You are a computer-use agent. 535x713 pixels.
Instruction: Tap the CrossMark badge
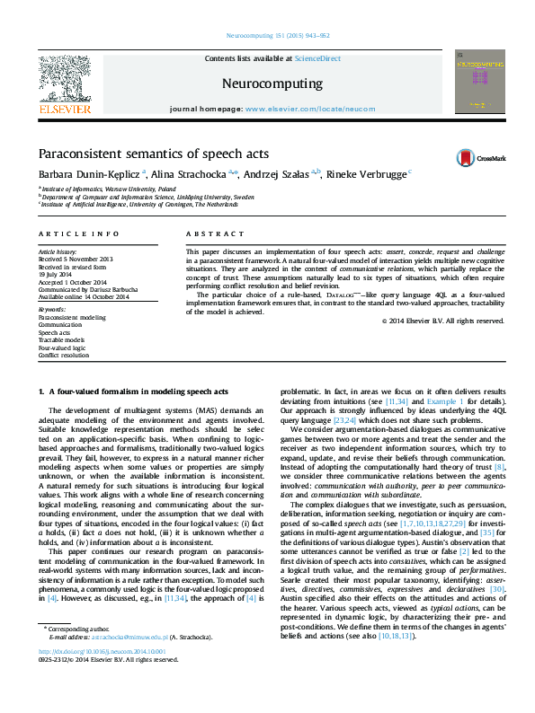coord(481,157)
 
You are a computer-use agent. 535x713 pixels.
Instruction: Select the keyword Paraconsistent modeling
coord(71,317)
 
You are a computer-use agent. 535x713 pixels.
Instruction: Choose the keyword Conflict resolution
coord(64,354)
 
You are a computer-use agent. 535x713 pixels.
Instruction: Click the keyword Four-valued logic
coord(62,347)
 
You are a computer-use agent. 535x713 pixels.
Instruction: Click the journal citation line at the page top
coord(267,37)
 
